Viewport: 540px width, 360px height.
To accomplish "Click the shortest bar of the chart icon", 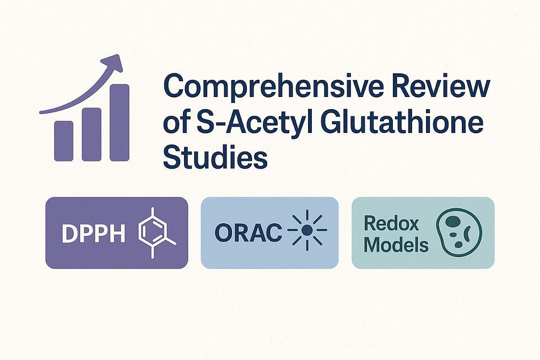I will (63, 141).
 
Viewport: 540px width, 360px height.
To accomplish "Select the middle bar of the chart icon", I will (91, 134).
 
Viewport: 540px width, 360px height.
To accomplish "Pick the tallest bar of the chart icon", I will (120, 122).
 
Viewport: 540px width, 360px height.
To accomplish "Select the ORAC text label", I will (246, 234).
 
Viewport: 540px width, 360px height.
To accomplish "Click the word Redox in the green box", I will (391, 224).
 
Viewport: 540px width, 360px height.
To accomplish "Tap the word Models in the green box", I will (396, 244).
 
